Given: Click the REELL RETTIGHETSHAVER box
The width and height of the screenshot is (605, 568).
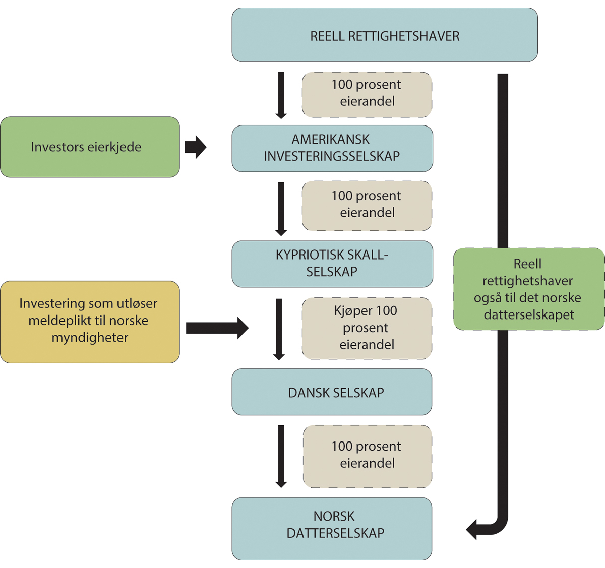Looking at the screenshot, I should pyautogui.click(x=385, y=35).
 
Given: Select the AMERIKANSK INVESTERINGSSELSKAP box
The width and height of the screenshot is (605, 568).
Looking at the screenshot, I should pyautogui.click(x=332, y=149).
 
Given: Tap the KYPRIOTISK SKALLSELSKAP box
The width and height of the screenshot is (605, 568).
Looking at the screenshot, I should pyautogui.click(x=332, y=264).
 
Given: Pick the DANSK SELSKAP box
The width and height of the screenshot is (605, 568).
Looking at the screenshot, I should pyautogui.click(x=332, y=392).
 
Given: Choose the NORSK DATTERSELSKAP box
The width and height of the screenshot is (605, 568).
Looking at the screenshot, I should pyautogui.click(x=332, y=529).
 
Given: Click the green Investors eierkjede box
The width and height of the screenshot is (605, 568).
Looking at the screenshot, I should pyautogui.click(x=90, y=147).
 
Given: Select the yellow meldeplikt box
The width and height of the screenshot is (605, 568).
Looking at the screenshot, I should pyautogui.click(x=90, y=322).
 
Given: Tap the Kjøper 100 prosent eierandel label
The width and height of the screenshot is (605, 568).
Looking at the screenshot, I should pyautogui.click(x=367, y=328).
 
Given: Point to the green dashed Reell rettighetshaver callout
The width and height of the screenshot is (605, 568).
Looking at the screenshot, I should pyautogui.click(x=528, y=289).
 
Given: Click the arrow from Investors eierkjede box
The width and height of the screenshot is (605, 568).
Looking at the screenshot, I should pyautogui.click(x=196, y=147).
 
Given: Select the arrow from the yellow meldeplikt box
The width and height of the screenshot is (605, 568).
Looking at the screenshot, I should pyautogui.click(x=217, y=328).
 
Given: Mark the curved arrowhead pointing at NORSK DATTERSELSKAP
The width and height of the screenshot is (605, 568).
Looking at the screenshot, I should pyautogui.click(x=473, y=530).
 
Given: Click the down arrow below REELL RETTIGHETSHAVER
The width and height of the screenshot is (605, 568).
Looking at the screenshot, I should pyautogui.click(x=281, y=96).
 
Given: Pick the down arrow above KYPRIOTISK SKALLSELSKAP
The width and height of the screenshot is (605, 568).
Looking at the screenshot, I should pyautogui.click(x=281, y=209).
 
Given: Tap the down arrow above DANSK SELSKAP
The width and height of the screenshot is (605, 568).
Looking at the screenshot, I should pyautogui.click(x=279, y=329).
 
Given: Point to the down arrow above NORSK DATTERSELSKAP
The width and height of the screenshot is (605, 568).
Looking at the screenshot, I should pyautogui.click(x=281, y=456).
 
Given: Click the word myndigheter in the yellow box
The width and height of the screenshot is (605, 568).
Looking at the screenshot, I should pyautogui.click(x=90, y=338).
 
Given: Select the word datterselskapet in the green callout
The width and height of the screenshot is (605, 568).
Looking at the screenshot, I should pyautogui.click(x=529, y=315).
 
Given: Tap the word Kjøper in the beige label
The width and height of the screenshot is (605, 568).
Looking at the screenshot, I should pyautogui.click(x=352, y=311).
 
